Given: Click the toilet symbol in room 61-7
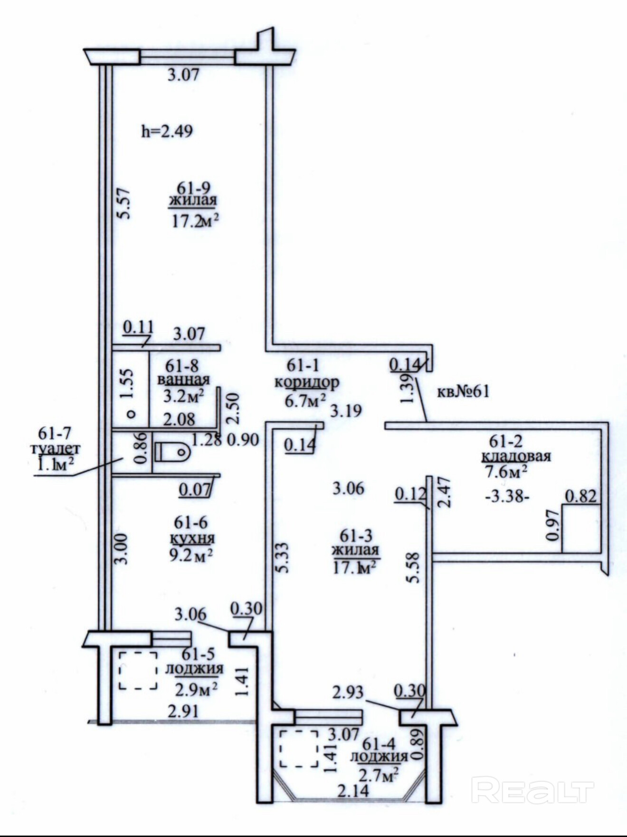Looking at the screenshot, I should [172, 452].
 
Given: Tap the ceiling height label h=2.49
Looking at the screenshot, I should [167, 131].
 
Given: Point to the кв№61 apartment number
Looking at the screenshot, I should [463, 392].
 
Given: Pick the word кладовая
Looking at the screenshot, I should [516, 457].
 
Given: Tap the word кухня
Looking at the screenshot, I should [192, 538].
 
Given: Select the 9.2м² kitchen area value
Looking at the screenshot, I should [191, 554].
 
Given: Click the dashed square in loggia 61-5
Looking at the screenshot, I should [138, 670].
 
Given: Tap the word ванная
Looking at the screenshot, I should [183, 380].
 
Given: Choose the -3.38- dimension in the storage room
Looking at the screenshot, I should [507, 497].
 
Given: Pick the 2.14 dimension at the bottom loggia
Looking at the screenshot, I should [353, 790].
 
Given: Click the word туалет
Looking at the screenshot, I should [55, 449].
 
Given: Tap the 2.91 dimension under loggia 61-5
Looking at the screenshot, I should [183, 711].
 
